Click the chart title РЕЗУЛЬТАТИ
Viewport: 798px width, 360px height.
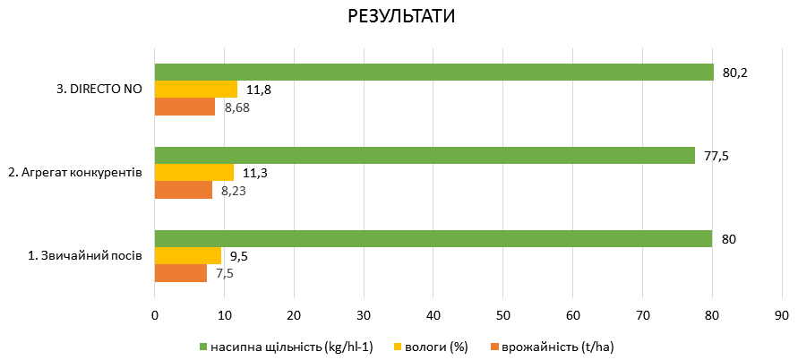pyautogui.click(x=398, y=18)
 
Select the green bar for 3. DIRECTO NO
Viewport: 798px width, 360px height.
pyautogui.click(x=434, y=73)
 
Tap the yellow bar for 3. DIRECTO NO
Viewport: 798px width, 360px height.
pyautogui.click(x=196, y=90)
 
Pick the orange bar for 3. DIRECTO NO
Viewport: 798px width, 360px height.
pyautogui.click(x=185, y=107)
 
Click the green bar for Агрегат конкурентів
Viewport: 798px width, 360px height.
pyautogui.click(x=425, y=156)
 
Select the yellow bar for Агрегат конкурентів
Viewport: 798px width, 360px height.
pyautogui.click(x=194, y=173)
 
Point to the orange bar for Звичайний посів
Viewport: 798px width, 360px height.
pyautogui.click(x=181, y=273)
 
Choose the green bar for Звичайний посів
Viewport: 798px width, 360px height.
pyautogui.click(x=433, y=239)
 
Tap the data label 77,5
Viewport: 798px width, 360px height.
pyautogui.click(x=716, y=156)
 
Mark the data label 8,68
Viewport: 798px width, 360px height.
pyautogui.click(x=237, y=107)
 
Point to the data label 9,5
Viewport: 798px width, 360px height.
pyautogui.click(x=237, y=256)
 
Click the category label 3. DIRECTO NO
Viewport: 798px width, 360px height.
pyautogui.click(x=99, y=90)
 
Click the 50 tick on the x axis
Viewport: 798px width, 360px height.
pyautogui.click(x=502, y=315)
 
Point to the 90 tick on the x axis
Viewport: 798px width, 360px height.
pyautogui.click(x=781, y=315)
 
